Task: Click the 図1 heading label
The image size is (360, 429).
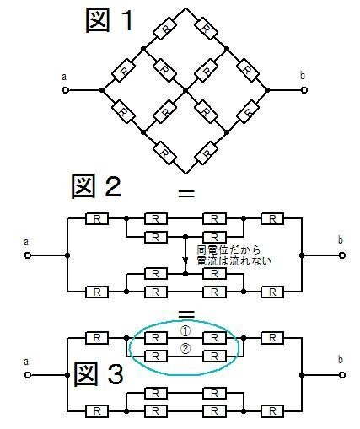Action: point(109,20)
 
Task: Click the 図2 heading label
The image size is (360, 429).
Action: point(96,186)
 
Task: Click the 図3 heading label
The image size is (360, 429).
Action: point(99,373)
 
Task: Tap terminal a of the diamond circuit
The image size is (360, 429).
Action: point(65,90)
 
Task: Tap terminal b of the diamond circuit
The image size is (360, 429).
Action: point(304,90)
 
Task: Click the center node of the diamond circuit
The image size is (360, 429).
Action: point(185,90)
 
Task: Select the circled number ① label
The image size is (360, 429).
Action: point(185,331)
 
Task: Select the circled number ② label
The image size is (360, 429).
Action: point(185,349)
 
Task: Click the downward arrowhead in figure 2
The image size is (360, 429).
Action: point(185,260)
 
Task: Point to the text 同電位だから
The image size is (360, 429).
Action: point(228,249)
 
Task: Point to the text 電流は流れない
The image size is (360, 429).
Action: point(234,260)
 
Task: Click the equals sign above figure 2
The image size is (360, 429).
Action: point(186,193)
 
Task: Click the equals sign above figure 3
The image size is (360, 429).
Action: point(186,314)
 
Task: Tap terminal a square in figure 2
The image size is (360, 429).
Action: point(27,255)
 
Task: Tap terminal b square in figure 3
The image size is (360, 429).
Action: point(342,375)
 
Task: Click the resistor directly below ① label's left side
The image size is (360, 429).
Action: point(155,338)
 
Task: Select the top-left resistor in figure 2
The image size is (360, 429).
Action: point(97,218)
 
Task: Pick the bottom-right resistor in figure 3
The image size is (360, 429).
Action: point(272,411)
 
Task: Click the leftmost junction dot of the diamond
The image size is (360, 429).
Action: point(102,90)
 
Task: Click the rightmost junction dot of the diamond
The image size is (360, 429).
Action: point(267,90)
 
